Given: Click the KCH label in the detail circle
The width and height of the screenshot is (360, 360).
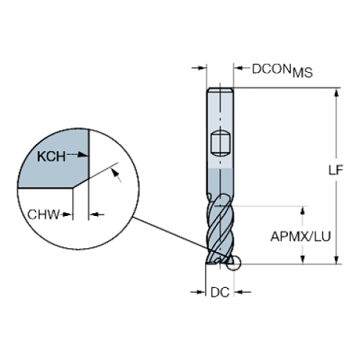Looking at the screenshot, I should [52, 156].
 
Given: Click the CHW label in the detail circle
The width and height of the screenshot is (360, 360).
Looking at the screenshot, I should [43, 215].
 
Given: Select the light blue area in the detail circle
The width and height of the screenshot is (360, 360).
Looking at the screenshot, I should [55, 169].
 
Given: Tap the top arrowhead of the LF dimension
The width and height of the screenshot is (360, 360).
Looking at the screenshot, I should [338, 91].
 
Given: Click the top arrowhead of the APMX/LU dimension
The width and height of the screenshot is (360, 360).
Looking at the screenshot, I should [302, 212].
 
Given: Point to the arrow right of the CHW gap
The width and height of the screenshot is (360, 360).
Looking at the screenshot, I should [98, 216].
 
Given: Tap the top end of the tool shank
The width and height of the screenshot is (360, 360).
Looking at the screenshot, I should [222, 90].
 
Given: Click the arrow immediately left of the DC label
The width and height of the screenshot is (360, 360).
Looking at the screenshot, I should [200, 292].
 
